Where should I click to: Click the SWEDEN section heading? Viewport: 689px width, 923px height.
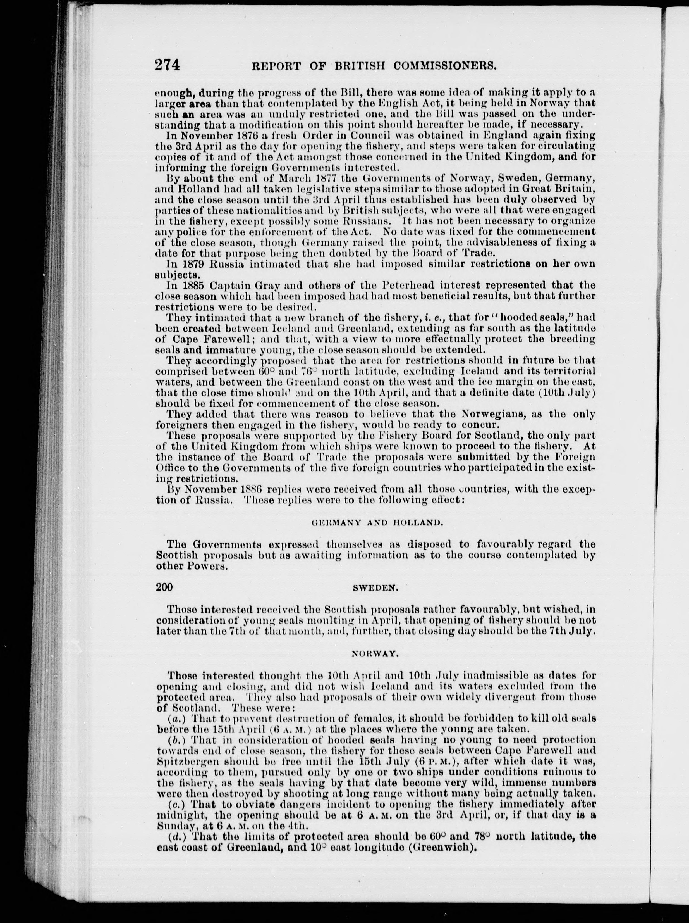coord(376,588)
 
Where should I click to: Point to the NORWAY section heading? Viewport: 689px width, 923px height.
coord(375,654)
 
